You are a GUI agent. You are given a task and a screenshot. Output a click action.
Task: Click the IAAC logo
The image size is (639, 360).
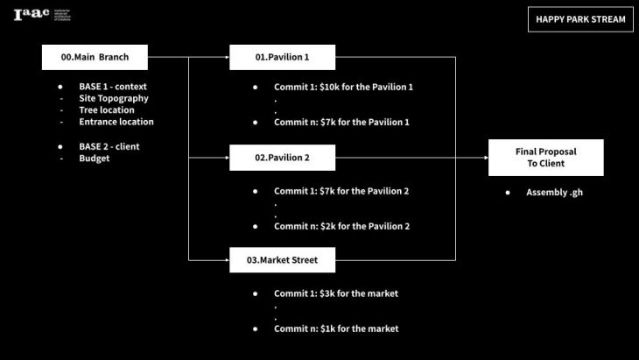point(42,15)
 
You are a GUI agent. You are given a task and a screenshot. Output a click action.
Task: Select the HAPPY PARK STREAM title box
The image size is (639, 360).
point(580,18)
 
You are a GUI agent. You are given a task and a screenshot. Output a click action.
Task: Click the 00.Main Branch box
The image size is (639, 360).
point(95,58)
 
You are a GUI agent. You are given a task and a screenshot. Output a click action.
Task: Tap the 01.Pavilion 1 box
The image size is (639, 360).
point(283,58)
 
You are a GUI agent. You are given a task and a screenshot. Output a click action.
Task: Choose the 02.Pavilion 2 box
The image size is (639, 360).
point(283,159)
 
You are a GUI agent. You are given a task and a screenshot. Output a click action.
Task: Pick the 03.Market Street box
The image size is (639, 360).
point(283,259)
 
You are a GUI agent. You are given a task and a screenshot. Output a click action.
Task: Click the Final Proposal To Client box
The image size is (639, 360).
point(545,158)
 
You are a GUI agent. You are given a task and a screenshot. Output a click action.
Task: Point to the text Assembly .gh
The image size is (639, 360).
point(554,192)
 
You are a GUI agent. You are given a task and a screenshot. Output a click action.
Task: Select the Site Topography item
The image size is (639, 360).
point(114,99)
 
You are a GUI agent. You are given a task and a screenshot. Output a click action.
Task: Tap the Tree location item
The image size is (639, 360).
point(107,110)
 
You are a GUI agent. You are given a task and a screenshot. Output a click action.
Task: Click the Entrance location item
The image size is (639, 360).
point(116,122)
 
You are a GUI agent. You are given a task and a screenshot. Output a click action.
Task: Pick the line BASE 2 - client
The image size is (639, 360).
point(109,146)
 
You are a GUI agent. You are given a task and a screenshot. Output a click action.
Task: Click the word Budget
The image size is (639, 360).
point(94,159)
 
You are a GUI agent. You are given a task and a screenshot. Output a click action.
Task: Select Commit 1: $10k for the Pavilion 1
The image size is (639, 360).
point(343,87)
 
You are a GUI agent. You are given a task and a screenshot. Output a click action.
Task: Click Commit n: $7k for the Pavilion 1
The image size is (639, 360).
point(341,122)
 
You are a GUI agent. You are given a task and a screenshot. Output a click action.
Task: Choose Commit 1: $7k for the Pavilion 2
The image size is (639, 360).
point(341,190)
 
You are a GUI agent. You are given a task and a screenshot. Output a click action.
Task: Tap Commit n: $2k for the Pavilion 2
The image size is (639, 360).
point(341,226)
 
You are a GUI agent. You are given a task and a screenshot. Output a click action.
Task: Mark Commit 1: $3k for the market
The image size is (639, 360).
point(336,293)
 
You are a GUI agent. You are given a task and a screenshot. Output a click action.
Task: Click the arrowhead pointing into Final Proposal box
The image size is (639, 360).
point(485,159)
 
